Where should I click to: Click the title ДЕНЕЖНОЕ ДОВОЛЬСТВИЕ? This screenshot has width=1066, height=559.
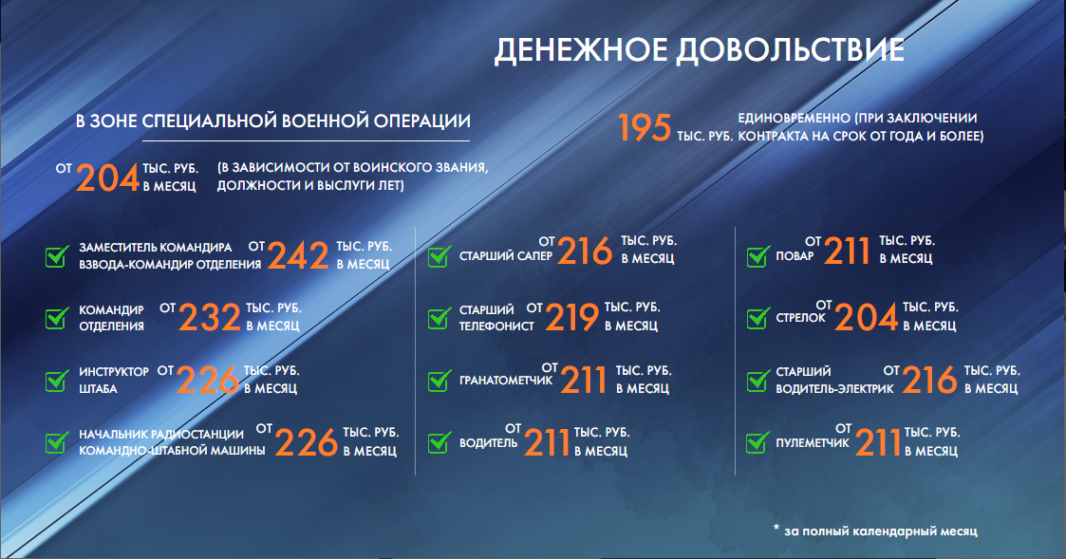click(x=699, y=51)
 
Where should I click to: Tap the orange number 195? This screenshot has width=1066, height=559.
click(x=645, y=127)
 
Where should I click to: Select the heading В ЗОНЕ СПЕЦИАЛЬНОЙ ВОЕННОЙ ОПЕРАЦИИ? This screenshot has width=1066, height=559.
click(x=272, y=121)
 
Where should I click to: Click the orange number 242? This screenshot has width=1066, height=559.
click(x=298, y=255)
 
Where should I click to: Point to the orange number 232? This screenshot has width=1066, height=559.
click(x=210, y=318)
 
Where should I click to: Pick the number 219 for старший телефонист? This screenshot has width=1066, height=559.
click(x=572, y=317)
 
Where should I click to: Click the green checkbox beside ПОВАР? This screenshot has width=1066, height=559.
click(x=758, y=256)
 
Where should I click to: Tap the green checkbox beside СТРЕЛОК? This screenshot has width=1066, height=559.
click(x=758, y=318)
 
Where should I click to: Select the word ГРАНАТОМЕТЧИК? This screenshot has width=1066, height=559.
click(x=506, y=381)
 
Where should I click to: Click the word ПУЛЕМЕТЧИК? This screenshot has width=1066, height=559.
click(x=813, y=443)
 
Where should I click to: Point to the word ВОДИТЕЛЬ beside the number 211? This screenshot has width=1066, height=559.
click(x=488, y=443)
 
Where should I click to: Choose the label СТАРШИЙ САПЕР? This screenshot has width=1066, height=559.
click(x=506, y=256)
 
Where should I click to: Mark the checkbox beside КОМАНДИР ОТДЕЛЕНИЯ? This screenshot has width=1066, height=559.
click(x=57, y=318)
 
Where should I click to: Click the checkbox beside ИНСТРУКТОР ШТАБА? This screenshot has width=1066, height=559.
click(x=57, y=381)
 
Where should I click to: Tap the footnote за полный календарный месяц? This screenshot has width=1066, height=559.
click(x=880, y=531)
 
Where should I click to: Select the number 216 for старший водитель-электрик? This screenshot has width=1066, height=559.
click(x=930, y=381)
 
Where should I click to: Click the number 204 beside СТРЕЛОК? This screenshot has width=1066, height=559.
click(x=866, y=318)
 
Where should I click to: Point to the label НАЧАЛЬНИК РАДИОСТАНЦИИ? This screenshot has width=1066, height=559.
click(x=161, y=434)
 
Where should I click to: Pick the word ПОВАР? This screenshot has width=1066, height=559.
click(x=795, y=256)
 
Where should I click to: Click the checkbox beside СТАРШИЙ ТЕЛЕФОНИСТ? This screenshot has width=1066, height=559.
click(x=439, y=318)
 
